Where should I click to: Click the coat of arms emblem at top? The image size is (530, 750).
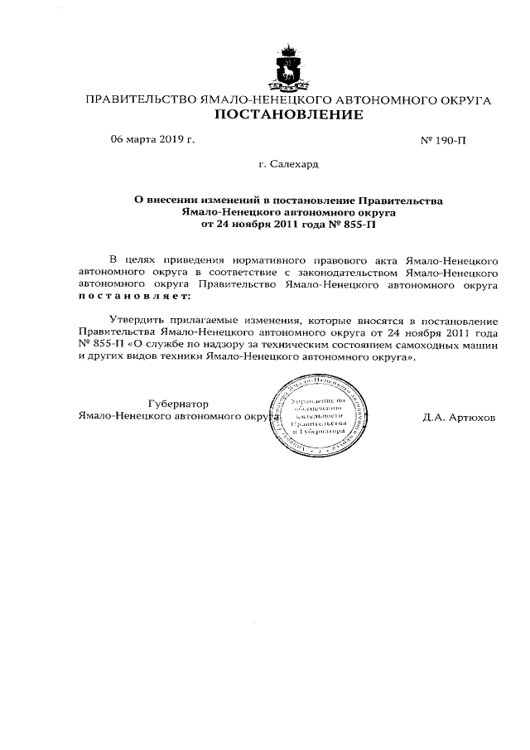[x=288, y=69]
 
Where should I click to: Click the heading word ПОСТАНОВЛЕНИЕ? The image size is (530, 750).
[x=288, y=115]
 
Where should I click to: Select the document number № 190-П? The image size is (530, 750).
[x=444, y=140]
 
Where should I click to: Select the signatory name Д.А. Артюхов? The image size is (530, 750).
[x=458, y=417]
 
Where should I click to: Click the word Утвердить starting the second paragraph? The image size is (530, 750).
[x=135, y=320]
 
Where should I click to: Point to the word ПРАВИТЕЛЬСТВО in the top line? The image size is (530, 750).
[x=136, y=100]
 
